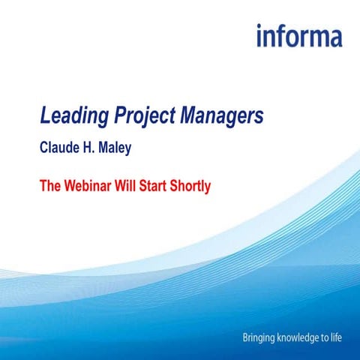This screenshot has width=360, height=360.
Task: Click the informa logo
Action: tap(298, 35)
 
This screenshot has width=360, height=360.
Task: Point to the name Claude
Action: tap(60, 148)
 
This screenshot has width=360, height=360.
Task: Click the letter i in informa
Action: tap(259, 35)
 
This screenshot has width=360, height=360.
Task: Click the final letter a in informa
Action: tap(334, 37)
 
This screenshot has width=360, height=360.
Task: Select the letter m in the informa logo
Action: tap(316, 37)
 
